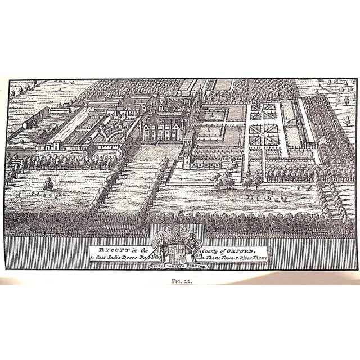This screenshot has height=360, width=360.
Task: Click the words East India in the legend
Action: [x=107, y=257]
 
